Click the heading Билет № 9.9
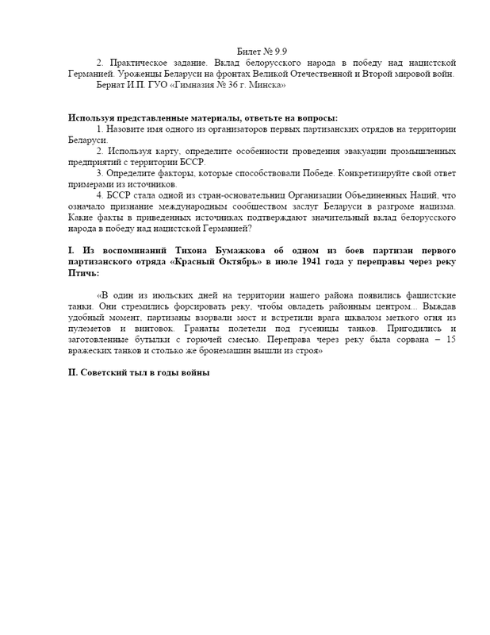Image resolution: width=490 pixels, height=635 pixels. click(262, 52)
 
